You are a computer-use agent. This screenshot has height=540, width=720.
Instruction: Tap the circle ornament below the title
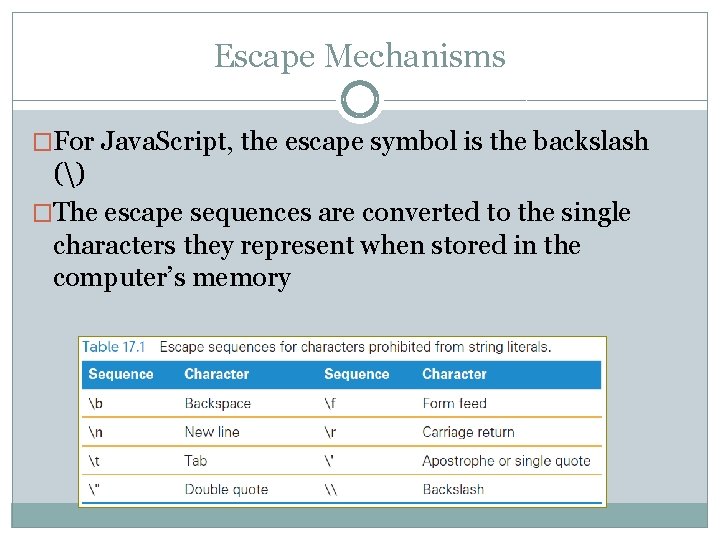(360, 100)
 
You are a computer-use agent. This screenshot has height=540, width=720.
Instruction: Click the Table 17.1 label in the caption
(114, 347)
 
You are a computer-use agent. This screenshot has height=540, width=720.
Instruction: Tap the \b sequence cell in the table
(97, 404)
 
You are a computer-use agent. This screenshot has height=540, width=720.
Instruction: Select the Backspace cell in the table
(217, 404)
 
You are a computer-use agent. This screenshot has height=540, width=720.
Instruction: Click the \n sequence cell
(97, 432)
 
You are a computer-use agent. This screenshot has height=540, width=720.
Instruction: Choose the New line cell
(212, 432)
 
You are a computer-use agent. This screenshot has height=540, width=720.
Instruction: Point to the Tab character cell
(196, 461)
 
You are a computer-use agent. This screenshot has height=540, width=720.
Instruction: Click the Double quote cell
(226, 489)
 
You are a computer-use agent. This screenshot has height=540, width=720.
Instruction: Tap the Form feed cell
(454, 404)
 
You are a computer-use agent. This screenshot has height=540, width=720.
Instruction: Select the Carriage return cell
(468, 432)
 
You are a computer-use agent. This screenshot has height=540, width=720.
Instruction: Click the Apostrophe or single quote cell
(506, 461)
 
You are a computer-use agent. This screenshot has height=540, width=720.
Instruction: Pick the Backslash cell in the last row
(453, 489)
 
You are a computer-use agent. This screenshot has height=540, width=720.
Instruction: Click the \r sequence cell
(332, 432)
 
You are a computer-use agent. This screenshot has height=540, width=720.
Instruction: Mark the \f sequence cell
(332, 404)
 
